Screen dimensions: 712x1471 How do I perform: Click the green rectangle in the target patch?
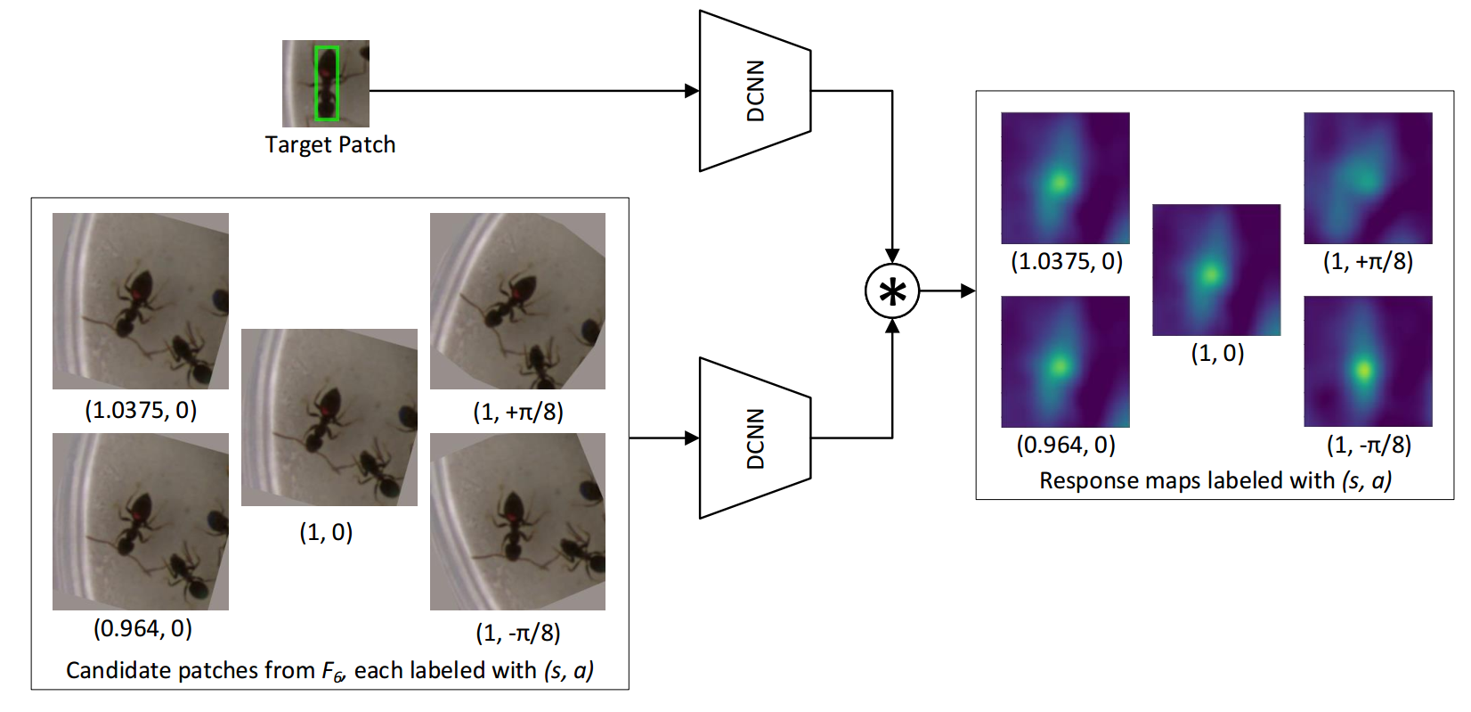click(x=327, y=84)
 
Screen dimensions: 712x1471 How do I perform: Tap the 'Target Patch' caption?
click(x=329, y=144)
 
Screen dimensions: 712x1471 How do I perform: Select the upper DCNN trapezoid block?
click(x=755, y=91)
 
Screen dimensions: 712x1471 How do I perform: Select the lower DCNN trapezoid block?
click(x=755, y=438)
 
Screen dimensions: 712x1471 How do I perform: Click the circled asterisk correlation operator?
click(x=892, y=291)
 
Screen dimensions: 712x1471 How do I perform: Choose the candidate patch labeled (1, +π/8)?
click(x=517, y=300)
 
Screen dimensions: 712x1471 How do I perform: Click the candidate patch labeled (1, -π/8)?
click(x=517, y=521)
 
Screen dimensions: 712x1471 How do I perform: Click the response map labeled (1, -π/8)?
click(x=1368, y=361)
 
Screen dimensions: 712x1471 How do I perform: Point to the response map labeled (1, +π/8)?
click(x=1368, y=177)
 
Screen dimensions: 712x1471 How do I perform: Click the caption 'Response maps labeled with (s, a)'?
click(x=1215, y=480)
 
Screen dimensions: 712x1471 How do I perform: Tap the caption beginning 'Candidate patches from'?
click(x=329, y=670)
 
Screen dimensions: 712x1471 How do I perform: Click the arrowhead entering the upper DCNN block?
click(x=692, y=91)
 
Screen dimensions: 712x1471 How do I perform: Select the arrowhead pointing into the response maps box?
click(x=968, y=291)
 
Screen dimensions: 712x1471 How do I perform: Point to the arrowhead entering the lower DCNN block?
click(x=692, y=438)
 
